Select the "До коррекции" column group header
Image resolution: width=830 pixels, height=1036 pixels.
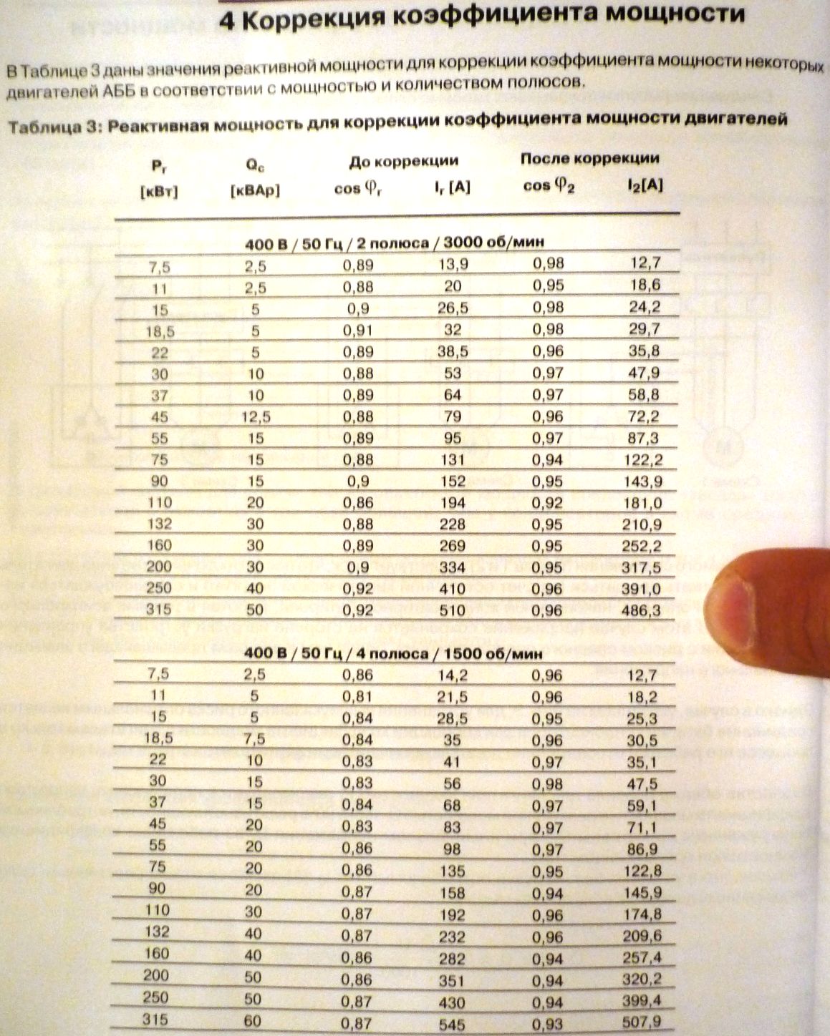click(404, 161)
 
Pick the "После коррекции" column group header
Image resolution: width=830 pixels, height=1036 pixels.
click(589, 158)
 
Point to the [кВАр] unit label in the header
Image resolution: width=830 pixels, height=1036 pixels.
click(255, 191)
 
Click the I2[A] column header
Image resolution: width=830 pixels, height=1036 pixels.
click(644, 185)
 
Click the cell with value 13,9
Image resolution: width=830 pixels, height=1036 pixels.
click(452, 265)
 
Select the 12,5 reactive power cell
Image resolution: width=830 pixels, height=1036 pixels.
click(255, 416)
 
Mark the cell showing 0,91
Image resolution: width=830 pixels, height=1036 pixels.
click(358, 330)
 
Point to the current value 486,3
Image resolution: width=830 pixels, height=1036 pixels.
click(643, 610)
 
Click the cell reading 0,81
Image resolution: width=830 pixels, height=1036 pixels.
click(358, 696)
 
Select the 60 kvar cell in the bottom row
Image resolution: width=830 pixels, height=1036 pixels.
click(254, 1021)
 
